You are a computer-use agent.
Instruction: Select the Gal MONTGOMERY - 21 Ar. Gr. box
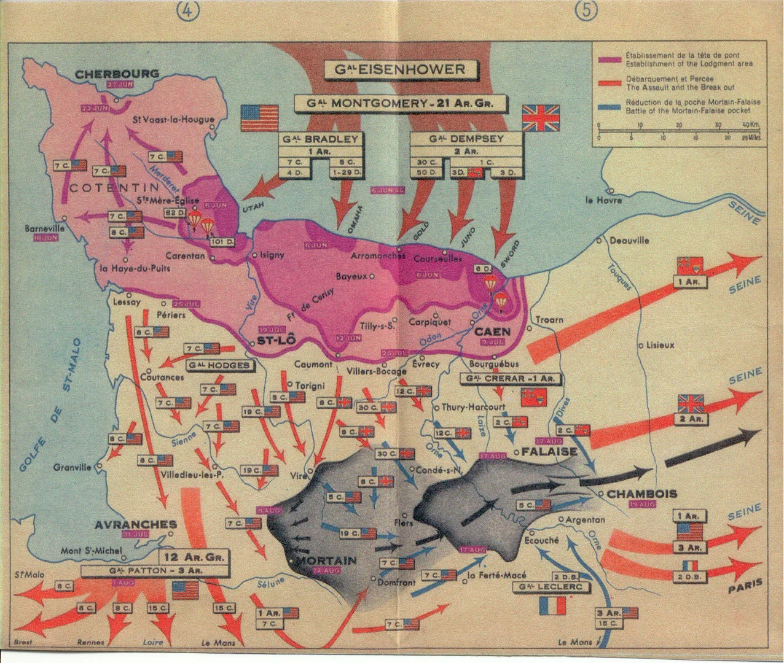click(401, 103)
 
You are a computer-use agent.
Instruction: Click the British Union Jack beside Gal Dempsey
click(541, 117)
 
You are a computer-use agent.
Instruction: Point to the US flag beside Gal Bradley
click(259, 117)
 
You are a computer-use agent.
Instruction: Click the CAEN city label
click(492, 331)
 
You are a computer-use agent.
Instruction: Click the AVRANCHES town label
click(136, 524)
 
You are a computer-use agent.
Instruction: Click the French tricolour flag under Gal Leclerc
click(552, 605)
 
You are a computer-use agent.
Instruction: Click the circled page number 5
click(588, 12)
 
